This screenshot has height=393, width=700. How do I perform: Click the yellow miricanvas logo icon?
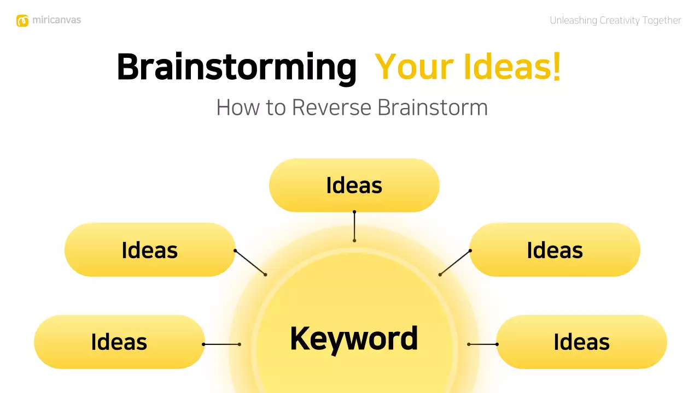coord(22,21)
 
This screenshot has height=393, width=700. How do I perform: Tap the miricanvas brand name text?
coord(56,21)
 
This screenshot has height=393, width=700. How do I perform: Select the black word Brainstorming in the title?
coord(236,68)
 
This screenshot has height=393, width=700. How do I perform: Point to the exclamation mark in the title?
coord(556,68)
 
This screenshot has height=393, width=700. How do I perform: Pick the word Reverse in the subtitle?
coord(331,108)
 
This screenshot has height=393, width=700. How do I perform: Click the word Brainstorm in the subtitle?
coord(433,108)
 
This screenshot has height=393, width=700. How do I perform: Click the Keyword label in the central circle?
coord(354,338)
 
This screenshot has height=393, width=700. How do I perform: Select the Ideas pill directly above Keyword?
coord(354,185)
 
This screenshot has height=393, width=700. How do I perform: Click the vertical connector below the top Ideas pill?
coord(354,226)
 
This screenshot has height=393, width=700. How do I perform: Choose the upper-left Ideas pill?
coord(150,249)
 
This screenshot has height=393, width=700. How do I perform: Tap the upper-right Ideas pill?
coord(555,249)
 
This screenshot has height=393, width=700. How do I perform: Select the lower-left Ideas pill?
coord(119,342)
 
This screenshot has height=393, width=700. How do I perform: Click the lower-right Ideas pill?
coord(581,342)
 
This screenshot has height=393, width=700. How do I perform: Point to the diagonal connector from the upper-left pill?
coord(250,263)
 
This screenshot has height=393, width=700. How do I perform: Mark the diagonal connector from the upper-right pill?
coord(455,263)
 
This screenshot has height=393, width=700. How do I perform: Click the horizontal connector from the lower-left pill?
coord(221,344)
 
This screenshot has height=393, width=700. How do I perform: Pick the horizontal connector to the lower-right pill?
coord(483,344)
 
